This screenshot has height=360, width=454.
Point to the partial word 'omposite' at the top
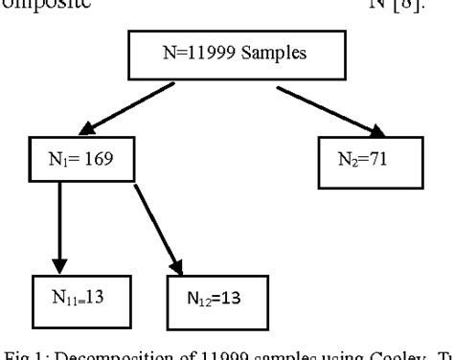pyautogui.click(x=34, y=8)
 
